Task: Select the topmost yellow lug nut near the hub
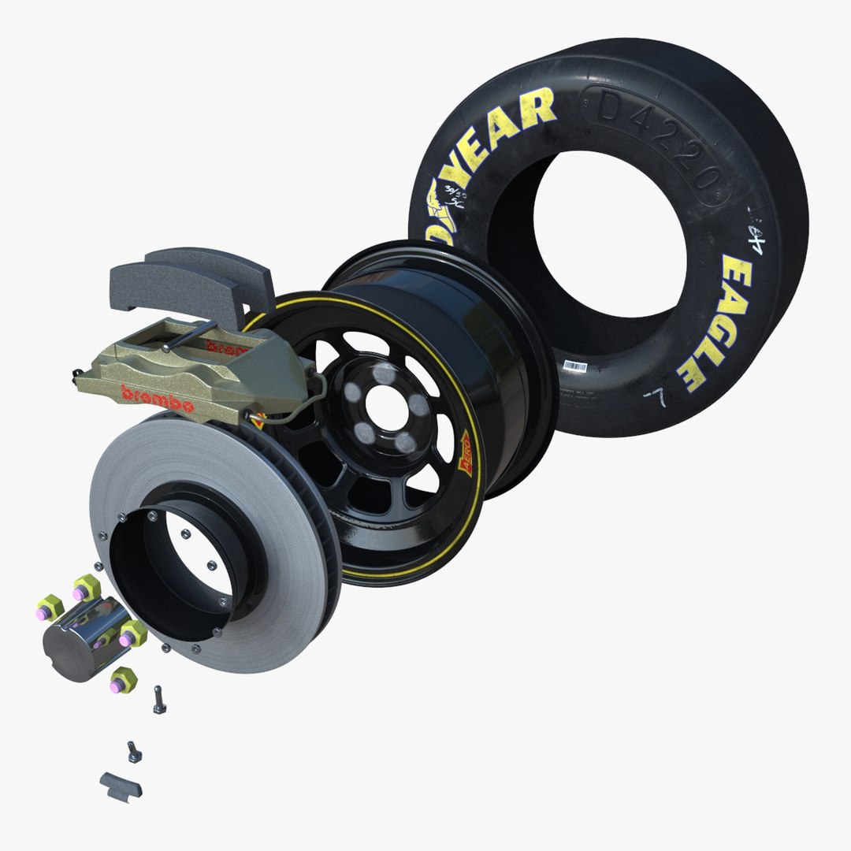[x=86, y=587]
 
